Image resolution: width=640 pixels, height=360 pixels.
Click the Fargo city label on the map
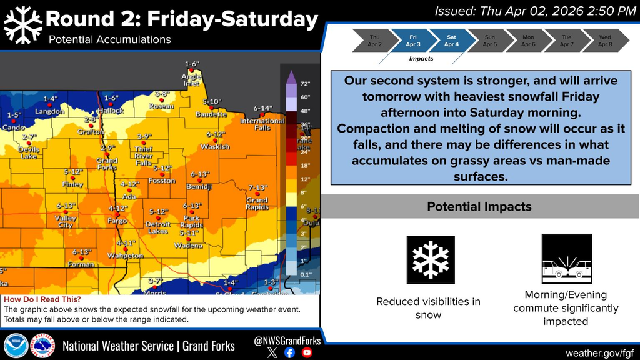(x=117, y=221)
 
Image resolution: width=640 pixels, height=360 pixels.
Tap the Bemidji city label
(x=200, y=187)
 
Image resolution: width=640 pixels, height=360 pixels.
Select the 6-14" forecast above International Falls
(x=262, y=107)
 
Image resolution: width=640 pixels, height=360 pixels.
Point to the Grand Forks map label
(x=107, y=164)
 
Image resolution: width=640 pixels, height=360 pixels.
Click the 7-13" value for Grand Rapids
(x=257, y=187)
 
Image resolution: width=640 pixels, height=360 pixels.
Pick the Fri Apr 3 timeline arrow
(x=412, y=41)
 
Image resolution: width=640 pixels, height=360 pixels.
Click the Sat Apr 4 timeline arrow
(x=451, y=41)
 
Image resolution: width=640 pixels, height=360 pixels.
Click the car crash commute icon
(x=567, y=259)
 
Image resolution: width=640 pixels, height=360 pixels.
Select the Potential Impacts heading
(x=479, y=206)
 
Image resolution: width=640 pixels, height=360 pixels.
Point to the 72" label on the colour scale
(x=306, y=83)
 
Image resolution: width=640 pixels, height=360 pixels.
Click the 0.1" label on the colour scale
(x=305, y=274)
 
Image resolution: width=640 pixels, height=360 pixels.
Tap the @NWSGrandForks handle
(x=288, y=341)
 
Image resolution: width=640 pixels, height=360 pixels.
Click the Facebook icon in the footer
(x=289, y=352)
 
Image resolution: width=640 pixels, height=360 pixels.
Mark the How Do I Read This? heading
(x=42, y=300)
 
